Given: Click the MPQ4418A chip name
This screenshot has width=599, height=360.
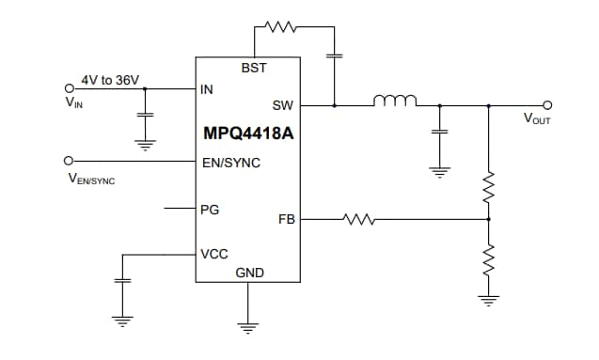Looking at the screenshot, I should (248, 133).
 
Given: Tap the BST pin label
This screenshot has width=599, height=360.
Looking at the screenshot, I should (253, 70).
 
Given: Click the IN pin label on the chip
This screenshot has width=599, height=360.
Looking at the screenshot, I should (207, 91).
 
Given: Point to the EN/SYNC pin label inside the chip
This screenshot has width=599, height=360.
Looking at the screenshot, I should (231, 163).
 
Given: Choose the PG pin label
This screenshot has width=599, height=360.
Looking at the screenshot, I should (210, 209).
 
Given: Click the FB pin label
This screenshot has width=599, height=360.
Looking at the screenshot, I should (287, 219).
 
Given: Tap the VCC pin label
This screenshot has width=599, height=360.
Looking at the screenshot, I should (214, 254).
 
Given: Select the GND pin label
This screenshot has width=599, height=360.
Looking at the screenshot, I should (249, 273).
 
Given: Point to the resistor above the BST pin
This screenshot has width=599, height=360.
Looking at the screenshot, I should (283, 28).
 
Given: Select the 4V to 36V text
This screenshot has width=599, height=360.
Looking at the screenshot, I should (110, 80).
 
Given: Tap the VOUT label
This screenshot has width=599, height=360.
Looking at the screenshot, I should (538, 119).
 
